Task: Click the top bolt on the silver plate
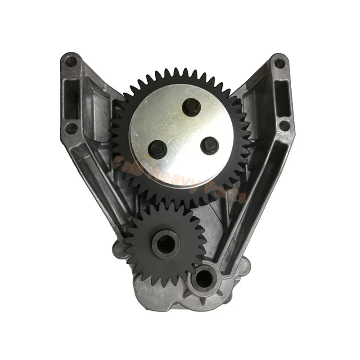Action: [x=192, y=107]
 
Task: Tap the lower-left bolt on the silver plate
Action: [x=157, y=148]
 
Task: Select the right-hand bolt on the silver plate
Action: [x=209, y=145]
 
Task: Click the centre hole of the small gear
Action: [x=165, y=243]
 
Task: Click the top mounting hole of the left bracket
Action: [x=70, y=61]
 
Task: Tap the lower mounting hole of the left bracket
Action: [x=71, y=128]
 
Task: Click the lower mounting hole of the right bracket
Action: [x=284, y=126]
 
